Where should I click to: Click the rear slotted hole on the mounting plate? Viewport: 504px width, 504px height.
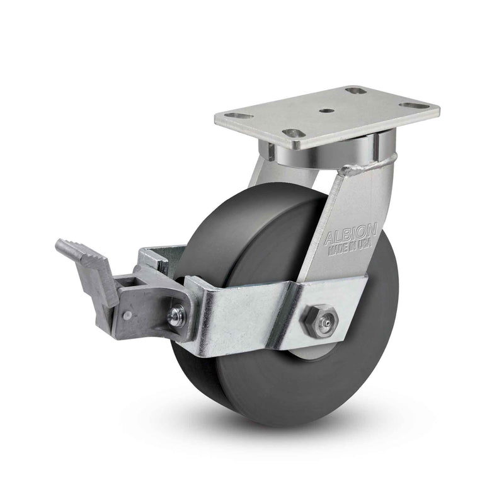(x=357, y=91)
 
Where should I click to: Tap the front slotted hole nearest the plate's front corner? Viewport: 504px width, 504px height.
(x=290, y=134)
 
